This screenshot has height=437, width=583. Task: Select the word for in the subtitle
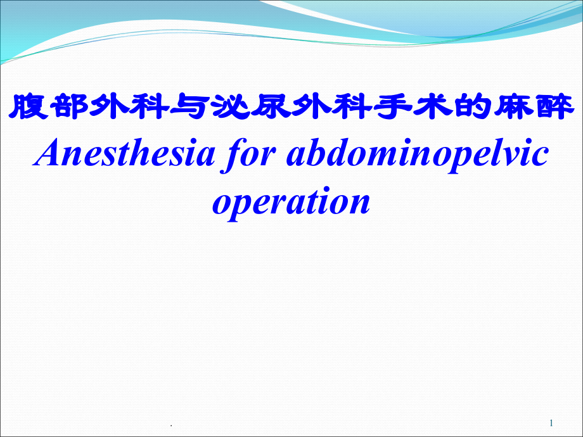pos(249,155)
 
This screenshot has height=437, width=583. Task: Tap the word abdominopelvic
pos(418,155)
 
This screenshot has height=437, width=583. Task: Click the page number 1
pos(551,423)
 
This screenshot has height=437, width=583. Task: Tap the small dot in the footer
pos(171,426)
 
